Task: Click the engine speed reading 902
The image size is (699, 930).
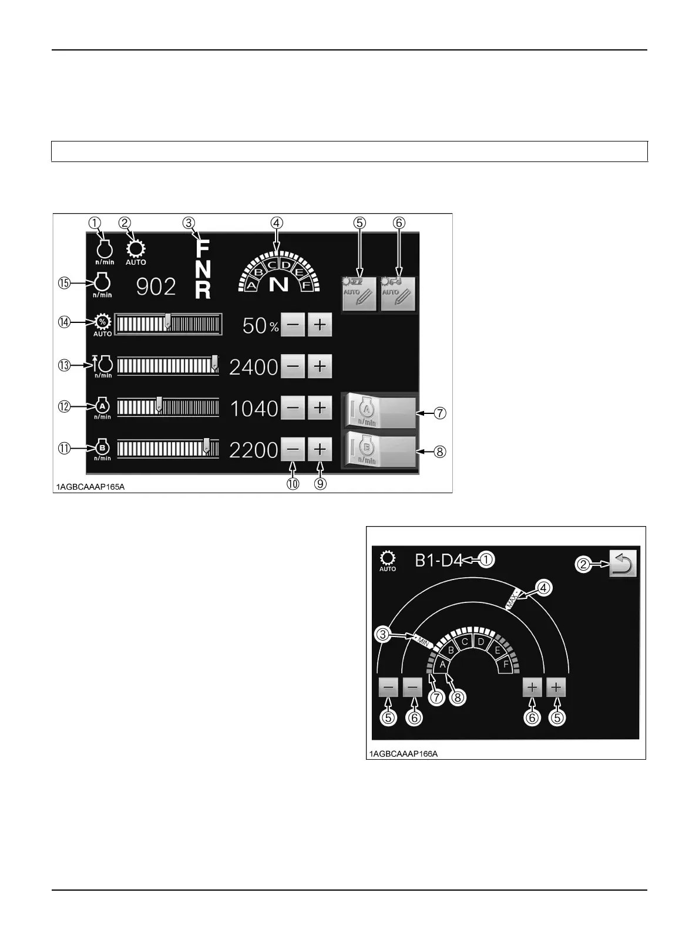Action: click(x=156, y=287)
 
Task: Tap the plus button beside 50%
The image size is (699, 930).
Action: click(x=320, y=325)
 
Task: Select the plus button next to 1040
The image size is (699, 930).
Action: click(x=320, y=407)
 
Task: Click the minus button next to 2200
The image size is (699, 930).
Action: click(x=293, y=450)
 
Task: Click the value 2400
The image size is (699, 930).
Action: click(x=253, y=367)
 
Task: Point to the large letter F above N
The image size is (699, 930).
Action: click(x=202, y=248)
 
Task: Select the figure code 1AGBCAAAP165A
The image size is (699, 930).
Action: click(x=90, y=487)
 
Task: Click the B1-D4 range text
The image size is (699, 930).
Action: click(x=439, y=561)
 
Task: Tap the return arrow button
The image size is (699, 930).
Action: click(x=623, y=564)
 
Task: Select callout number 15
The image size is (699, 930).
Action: click(x=64, y=283)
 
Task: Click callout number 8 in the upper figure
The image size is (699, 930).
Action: click(x=440, y=452)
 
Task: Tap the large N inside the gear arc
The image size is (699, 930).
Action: click(x=278, y=284)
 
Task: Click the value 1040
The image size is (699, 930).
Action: click(x=254, y=409)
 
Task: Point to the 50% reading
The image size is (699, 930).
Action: click(x=260, y=326)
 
